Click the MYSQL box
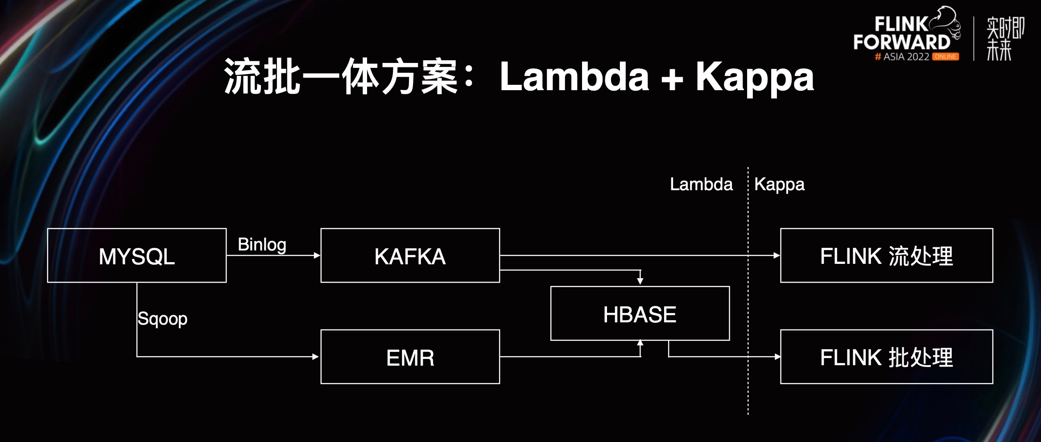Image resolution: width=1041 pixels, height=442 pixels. pyautogui.click(x=136, y=256)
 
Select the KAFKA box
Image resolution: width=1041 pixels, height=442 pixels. pyautogui.click(x=410, y=256)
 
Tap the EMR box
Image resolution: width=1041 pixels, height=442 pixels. pyautogui.click(x=410, y=357)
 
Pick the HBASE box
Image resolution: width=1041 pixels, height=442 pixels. pyautogui.click(x=640, y=314)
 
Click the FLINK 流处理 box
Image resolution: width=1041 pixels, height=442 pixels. pyautogui.click(x=886, y=256)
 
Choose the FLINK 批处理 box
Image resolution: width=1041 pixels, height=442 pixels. pyautogui.click(x=886, y=357)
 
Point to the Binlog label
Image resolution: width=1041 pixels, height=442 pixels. pyautogui.click(x=262, y=244)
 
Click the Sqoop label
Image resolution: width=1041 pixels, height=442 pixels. pyautogui.click(x=162, y=319)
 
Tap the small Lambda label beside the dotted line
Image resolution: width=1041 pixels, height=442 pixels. pyautogui.click(x=701, y=184)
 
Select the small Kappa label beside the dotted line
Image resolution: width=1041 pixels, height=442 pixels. pyautogui.click(x=779, y=184)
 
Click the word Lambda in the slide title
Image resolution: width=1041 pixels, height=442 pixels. pyautogui.click(x=574, y=77)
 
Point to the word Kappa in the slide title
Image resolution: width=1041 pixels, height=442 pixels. pyautogui.click(x=755, y=77)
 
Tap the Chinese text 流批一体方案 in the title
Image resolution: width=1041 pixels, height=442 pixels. pyautogui.click(x=341, y=77)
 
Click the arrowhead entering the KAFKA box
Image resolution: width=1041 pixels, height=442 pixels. pyautogui.click(x=317, y=255)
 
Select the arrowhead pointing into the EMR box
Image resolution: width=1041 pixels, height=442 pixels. pyautogui.click(x=316, y=357)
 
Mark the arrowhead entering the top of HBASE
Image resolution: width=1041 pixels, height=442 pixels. pyautogui.click(x=640, y=281)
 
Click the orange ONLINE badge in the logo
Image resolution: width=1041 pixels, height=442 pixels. pyautogui.click(x=945, y=57)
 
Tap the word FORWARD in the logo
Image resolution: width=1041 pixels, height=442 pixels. pyautogui.click(x=901, y=42)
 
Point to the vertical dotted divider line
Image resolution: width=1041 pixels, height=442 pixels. pyautogui.click(x=748, y=313)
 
